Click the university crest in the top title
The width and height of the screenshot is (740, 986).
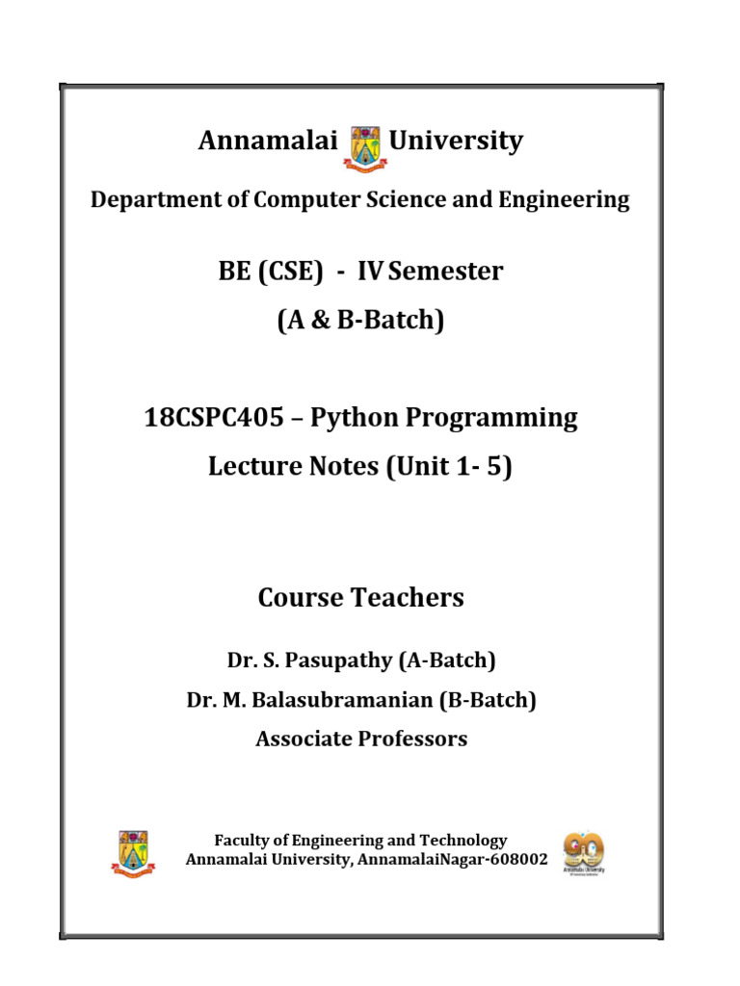(363, 147)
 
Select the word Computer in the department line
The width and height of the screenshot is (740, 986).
(298, 199)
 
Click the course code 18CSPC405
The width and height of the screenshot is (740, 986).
(208, 418)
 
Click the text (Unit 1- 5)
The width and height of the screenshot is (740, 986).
(449, 467)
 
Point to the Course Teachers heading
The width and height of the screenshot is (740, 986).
(360, 598)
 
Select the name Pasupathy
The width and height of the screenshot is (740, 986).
(328, 661)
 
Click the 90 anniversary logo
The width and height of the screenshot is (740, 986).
(583, 851)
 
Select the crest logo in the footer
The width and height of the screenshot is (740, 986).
(133, 851)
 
